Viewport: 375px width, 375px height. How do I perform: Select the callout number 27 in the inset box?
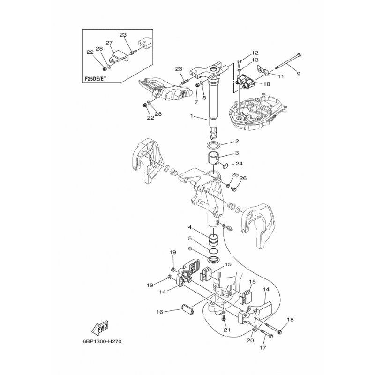109,43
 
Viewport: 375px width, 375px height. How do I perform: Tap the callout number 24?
239,164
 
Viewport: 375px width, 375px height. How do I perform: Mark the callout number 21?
227,330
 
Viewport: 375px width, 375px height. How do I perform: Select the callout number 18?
290,320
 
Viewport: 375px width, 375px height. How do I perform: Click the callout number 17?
262,348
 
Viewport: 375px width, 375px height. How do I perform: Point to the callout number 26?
243,178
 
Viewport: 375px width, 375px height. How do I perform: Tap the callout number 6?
190,249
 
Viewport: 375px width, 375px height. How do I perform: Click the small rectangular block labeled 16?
188,310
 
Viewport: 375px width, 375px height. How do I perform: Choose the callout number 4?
190,228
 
